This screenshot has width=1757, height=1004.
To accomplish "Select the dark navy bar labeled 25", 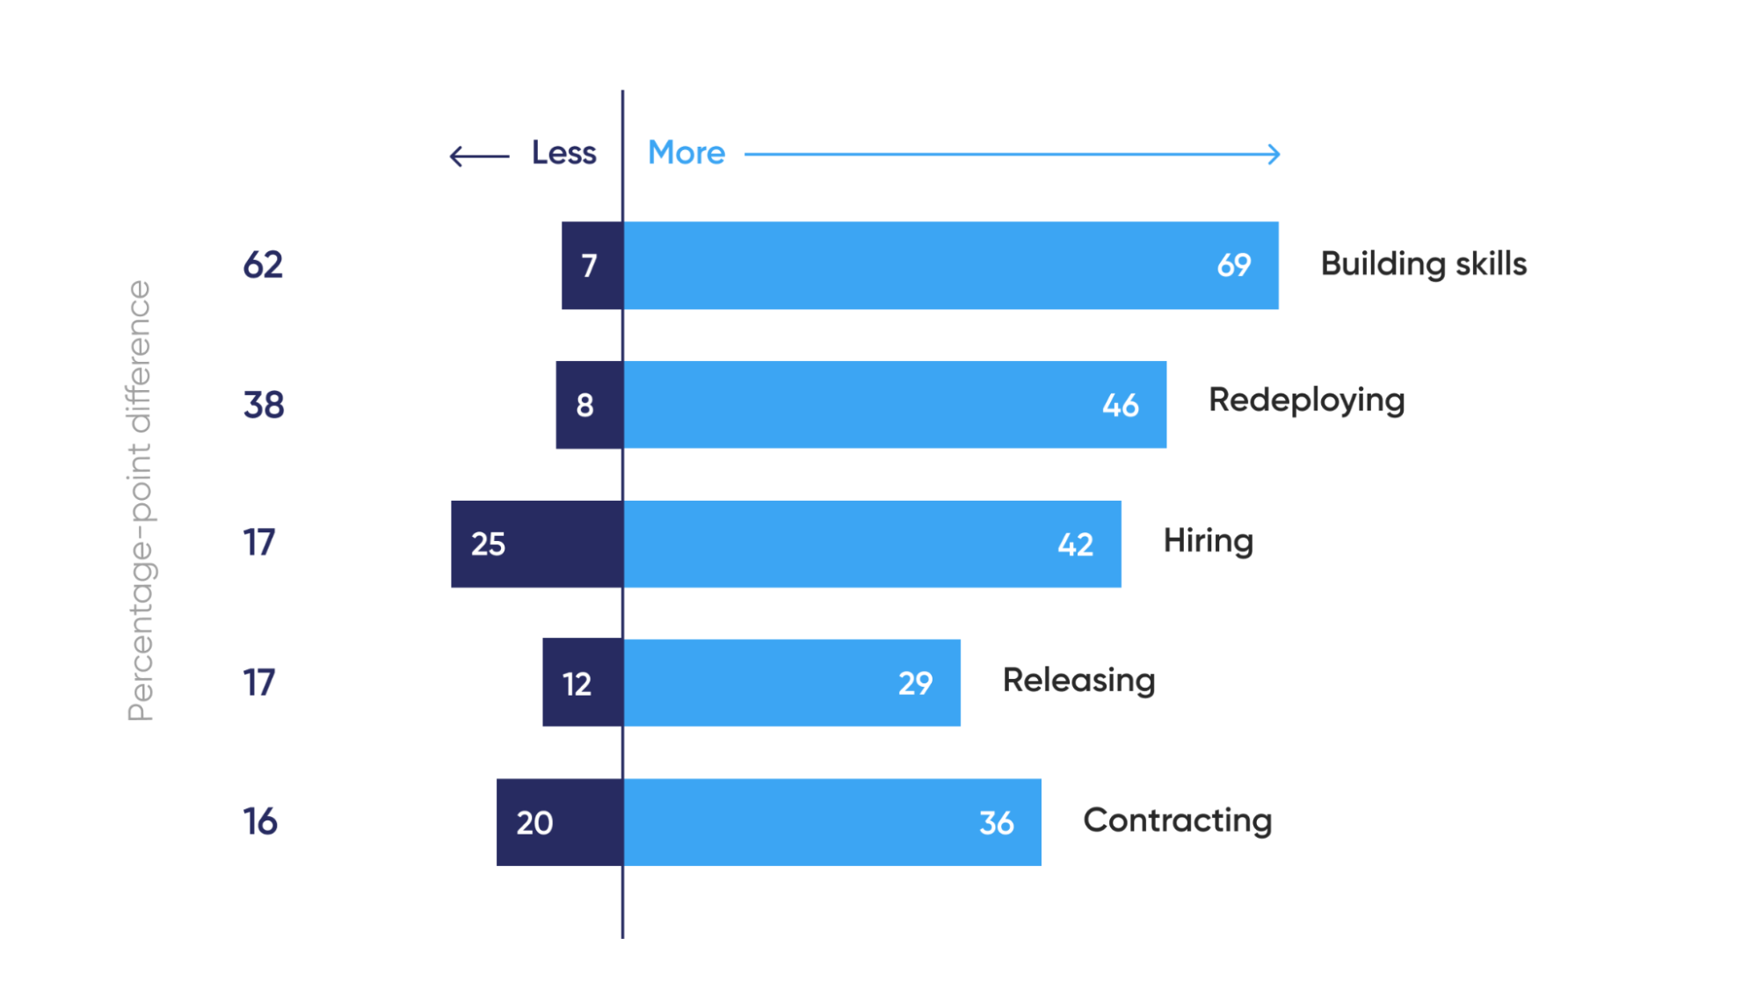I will point(537,544).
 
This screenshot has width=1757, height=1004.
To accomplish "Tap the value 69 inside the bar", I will point(1233,265).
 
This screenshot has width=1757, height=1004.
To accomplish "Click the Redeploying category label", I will point(1306,401).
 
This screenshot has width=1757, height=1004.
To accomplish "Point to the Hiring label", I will point(1208,541).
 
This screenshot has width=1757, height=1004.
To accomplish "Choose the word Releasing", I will point(1078,681).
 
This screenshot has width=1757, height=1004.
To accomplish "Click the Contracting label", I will point(1177,820).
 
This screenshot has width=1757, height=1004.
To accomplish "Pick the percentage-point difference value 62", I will point(263,265).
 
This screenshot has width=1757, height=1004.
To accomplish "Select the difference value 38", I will point(264,405).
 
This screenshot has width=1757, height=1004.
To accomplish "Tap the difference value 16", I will point(260,822).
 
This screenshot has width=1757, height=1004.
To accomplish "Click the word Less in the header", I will point(563,153).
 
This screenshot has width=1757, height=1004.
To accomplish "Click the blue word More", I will point(686,153).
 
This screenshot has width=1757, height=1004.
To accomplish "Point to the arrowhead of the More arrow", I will point(1274,155).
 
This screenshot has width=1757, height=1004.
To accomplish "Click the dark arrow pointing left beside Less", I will point(478,156).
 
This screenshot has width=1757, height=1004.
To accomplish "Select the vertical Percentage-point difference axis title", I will point(141,501).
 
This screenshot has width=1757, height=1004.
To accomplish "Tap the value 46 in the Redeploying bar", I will point(1121,406).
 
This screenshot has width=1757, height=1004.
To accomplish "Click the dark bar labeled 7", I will point(592,265).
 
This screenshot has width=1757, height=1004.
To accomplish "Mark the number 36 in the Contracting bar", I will point(997,823).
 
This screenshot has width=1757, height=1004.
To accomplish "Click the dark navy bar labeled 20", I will point(559,822).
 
